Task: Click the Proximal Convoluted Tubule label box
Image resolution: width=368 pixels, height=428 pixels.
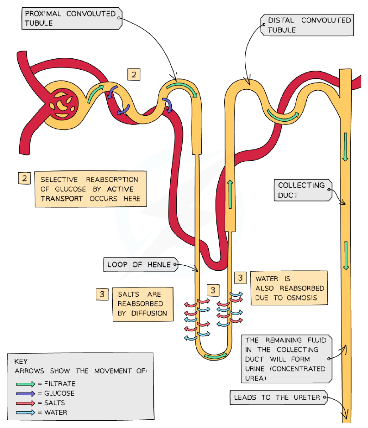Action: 72,19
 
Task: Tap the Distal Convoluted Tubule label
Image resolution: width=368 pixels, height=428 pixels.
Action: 307,25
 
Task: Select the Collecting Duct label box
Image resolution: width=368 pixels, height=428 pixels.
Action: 303,190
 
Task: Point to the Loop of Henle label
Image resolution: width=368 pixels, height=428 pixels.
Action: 141,264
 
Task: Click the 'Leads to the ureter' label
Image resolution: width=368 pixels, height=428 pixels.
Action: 279,397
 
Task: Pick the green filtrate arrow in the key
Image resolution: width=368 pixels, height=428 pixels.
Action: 26,384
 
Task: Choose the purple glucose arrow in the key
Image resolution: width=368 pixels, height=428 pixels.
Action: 26,394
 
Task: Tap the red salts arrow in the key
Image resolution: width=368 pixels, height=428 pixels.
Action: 26,403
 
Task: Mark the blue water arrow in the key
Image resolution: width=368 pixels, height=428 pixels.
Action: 26,413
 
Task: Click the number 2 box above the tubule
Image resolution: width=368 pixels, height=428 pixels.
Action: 134,74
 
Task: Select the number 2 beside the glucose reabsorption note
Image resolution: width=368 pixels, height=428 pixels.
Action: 24,178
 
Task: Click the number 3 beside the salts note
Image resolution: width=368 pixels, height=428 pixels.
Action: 102,294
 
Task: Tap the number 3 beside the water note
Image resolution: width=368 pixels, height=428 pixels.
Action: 241,278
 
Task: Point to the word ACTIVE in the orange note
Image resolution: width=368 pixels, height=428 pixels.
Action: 120,189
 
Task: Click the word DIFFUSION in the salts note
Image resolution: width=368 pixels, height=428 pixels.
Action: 149,313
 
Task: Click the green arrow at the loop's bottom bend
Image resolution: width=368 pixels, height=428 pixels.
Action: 216,356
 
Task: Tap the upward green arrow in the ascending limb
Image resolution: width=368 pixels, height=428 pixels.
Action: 230,194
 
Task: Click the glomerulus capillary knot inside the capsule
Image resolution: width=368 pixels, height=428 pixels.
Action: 63,104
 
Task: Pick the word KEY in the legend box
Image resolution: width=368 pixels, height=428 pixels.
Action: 21,361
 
